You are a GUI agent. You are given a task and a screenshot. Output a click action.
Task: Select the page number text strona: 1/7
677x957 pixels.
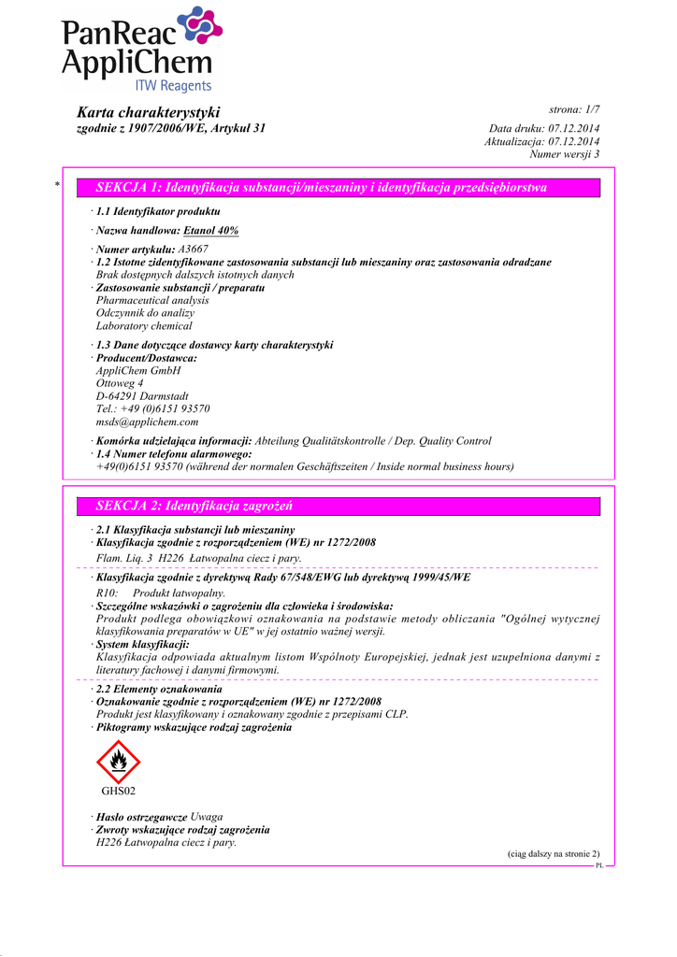pyautogui.click(x=573, y=110)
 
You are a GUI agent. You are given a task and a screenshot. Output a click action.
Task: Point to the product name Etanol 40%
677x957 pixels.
pyautogui.click(x=211, y=230)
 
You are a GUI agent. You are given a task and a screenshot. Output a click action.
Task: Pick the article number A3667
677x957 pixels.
pyautogui.click(x=193, y=250)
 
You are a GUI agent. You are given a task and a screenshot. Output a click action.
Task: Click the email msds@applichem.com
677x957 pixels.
pyautogui.click(x=147, y=421)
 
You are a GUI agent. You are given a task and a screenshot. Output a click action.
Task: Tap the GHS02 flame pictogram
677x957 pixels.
pyautogui.click(x=118, y=762)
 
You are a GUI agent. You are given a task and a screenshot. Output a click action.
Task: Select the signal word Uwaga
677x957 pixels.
pyautogui.click(x=207, y=817)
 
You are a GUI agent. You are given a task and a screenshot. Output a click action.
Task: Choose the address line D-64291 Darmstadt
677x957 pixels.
pyautogui.click(x=142, y=395)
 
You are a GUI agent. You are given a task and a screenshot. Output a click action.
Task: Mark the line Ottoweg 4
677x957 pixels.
pyautogui.click(x=120, y=383)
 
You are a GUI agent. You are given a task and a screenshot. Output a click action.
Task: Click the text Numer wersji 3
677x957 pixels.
pyautogui.click(x=564, y=154)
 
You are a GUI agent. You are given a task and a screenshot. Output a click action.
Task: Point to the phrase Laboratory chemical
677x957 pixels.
pyautogui.click(x=144, y=326)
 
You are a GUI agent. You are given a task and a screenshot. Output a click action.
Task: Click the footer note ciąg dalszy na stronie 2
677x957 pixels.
pyautogui.click(x=553, y=854)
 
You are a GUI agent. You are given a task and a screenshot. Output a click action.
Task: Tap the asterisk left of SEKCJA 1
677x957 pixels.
pyautogui.click(x=57, y=187)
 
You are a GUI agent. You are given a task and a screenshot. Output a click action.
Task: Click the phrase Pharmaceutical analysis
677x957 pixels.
pyautogui.click(x=152, y=301)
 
